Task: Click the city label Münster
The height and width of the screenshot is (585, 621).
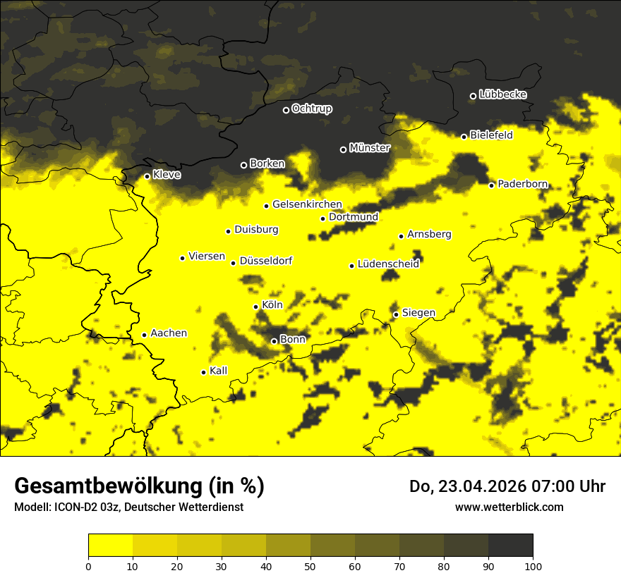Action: [370, 148]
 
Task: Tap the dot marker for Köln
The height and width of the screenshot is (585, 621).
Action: [256, 307]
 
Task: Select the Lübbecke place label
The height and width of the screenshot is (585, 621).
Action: [502, 94]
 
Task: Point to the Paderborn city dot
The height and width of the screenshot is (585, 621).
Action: [492, 185]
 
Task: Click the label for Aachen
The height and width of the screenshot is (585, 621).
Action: [169, 333]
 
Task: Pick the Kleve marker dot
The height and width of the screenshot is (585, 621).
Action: [147, 176]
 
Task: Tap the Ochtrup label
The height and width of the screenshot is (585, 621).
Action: [312, 109]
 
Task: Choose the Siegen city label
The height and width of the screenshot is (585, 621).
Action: [418, 313]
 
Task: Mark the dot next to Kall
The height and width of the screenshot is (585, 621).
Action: [203, 372]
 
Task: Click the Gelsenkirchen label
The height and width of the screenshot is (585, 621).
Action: [307, 204]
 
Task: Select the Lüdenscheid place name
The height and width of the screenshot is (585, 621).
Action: [388, 264]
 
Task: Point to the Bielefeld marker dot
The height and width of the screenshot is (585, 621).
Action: [464, 137]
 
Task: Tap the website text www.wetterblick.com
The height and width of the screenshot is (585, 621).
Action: [509, 507]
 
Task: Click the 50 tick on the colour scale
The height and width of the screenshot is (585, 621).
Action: [310, 565]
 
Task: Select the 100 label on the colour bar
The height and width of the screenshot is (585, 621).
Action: [533, 565]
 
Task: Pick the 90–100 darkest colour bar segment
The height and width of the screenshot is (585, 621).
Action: [510, 546]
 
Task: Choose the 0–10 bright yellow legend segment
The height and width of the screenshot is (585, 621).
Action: [111, 546]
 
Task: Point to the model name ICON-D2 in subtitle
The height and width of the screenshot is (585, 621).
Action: [78, 507]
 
